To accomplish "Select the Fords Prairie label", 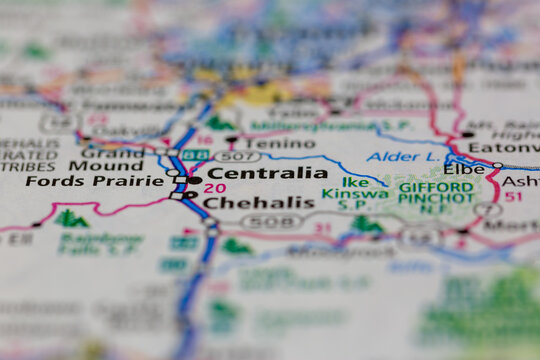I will coord(94,181).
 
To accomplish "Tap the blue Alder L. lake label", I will coord(402,157).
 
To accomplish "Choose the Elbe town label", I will coord(465,169).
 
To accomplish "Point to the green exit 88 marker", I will coord(195,156).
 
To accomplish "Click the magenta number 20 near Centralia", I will coord(214,188).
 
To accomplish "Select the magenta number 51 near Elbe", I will coord(513,197).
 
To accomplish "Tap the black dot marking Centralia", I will coord(194,180).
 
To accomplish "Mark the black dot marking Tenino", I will coord(232,141).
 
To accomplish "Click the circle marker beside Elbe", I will coord(497,166).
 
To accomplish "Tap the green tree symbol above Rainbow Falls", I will coord(70,218).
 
